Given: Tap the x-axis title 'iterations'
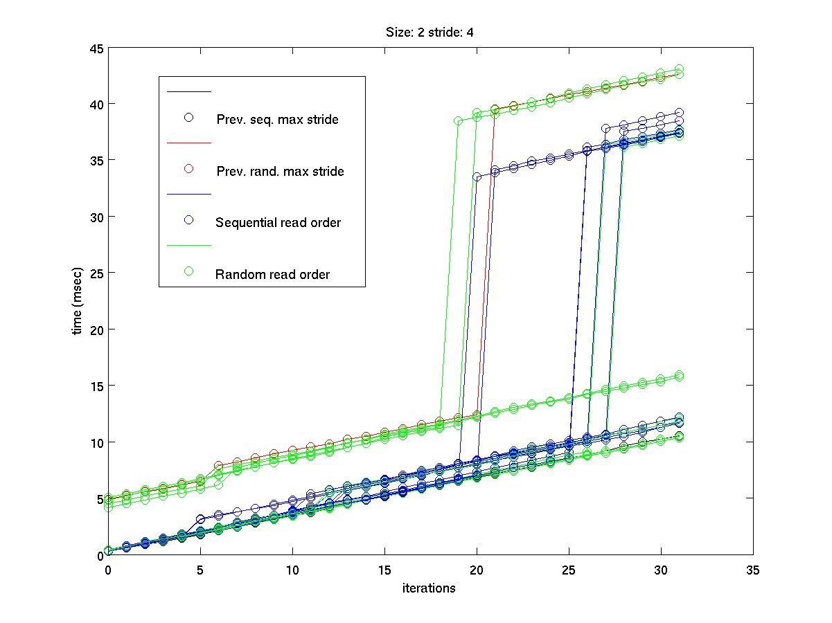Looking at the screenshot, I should pos(430,588).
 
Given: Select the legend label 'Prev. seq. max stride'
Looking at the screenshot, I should pos(277,119).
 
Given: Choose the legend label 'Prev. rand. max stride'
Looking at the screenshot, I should pos(280,171).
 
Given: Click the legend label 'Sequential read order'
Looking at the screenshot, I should pos(278,223).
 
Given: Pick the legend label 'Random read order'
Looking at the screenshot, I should pos(272,274).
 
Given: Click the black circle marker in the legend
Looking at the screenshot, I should pos(188,117).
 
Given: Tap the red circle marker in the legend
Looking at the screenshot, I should pos(188,169).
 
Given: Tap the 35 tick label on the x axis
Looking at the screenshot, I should pos(752,570).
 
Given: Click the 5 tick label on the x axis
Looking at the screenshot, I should pos(200,570).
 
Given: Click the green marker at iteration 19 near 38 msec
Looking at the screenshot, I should pos(458,120).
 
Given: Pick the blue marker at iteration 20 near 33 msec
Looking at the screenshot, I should pos(477,177).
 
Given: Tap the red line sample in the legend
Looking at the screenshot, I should pos(188,143).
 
